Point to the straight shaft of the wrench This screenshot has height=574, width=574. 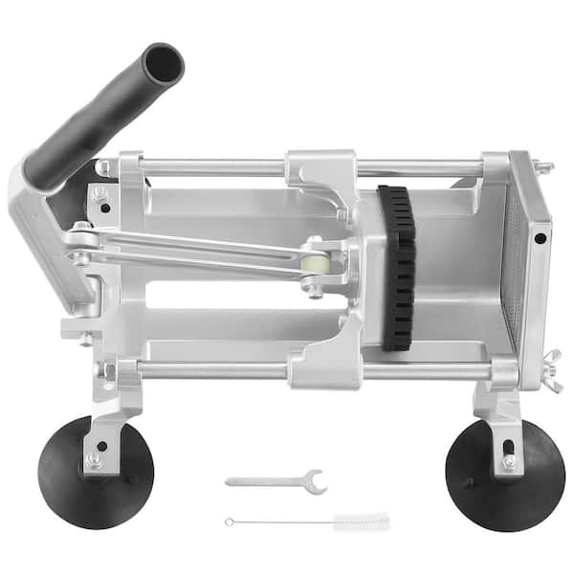click(263, 481)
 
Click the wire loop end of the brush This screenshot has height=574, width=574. click(230, 521)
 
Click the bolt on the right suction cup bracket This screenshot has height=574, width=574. click(508, 461)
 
